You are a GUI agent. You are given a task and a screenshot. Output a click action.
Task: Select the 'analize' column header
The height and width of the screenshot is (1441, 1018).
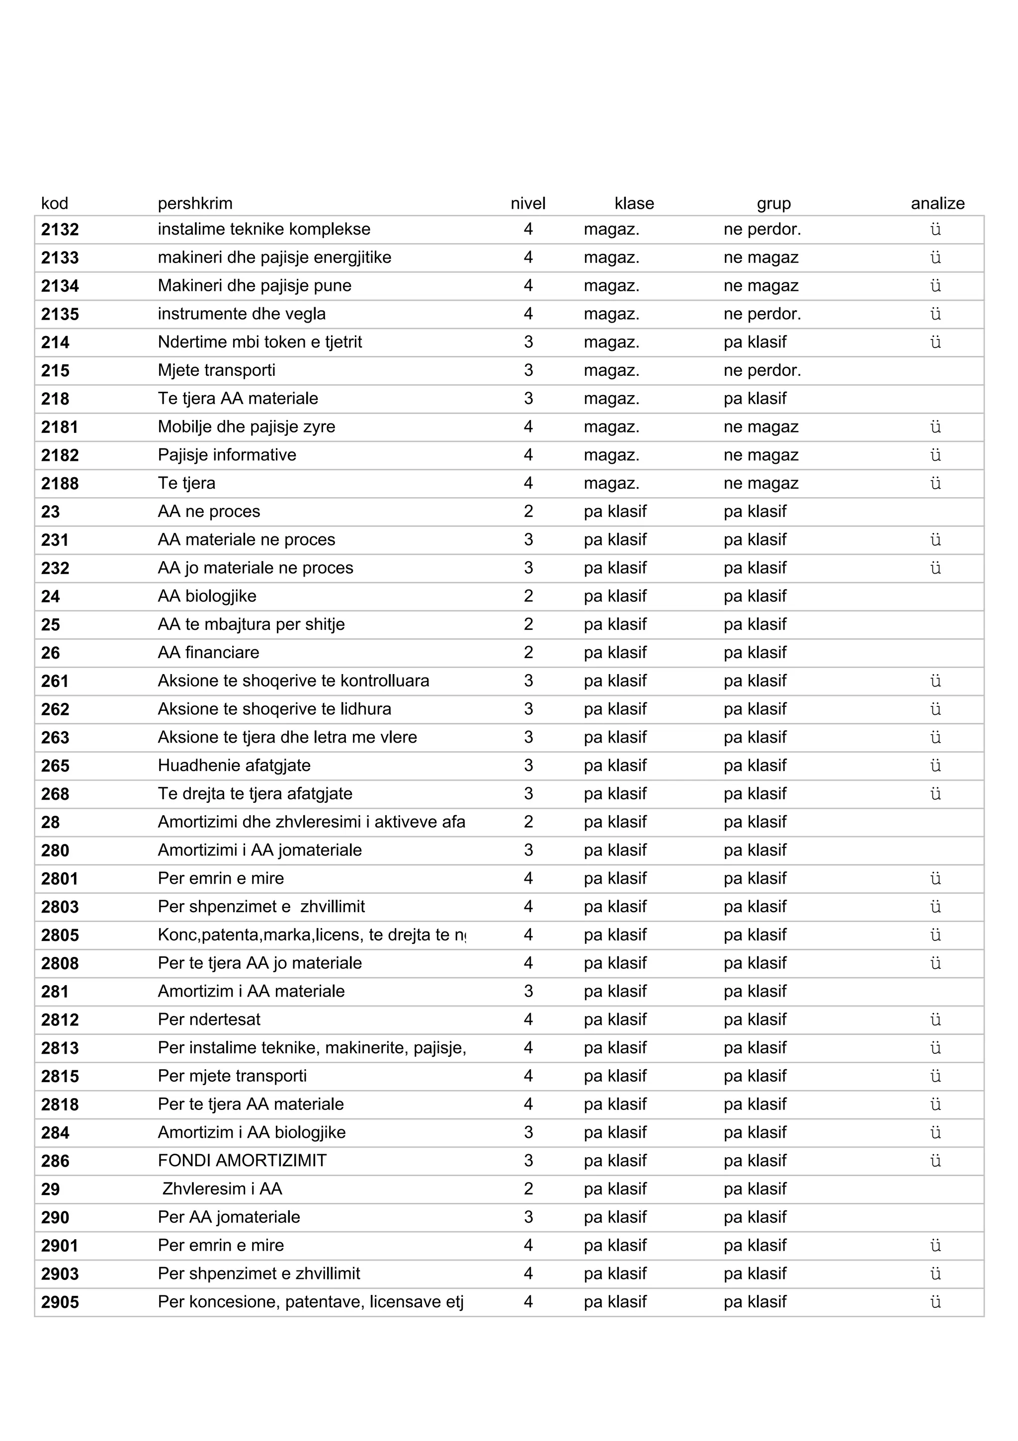(x=937, y=203)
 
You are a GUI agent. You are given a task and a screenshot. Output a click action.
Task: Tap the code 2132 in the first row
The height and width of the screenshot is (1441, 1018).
(x=60, y=230)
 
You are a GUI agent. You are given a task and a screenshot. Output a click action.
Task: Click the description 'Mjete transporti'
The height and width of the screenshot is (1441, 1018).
(x=217, y=370)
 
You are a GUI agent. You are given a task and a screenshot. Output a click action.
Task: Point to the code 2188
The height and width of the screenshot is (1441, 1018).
(x=60, y=484)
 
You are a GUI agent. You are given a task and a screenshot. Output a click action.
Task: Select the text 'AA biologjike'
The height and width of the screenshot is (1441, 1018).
(x=207, y=596)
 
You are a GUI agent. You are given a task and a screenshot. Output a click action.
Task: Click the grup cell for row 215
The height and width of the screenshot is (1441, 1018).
(x=762, y=370)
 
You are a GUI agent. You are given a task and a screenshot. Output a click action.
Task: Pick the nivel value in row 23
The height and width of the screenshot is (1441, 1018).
(x=528, y=511)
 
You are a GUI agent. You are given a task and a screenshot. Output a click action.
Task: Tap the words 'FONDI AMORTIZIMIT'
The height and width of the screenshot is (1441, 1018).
(x=242, y=1161)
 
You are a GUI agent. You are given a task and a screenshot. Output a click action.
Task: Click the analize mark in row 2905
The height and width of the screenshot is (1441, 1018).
(x=935, y=1302)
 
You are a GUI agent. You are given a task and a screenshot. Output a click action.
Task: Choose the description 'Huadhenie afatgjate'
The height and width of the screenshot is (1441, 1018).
(x=234, y=765)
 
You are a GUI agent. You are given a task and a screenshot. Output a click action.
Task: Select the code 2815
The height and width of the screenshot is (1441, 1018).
(x=60, y=1076)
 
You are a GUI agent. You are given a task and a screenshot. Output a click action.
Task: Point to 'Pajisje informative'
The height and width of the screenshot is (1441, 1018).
(x=227, y=455)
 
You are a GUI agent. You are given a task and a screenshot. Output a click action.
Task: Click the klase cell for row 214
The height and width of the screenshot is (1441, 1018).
(x=611, y=342)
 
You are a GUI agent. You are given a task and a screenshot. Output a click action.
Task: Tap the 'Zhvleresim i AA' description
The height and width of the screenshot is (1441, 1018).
(x=222, y=1188)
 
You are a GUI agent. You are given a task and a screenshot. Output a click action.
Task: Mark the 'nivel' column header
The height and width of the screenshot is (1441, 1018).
(x=528, y=203)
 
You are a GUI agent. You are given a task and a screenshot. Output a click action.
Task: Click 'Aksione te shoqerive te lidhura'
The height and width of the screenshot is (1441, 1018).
(x=274, y=709)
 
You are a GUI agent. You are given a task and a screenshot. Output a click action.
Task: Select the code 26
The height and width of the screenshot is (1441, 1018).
(x=50, y=653)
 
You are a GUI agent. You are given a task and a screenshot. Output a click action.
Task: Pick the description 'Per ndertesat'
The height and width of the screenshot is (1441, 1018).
(x=209, y=1019)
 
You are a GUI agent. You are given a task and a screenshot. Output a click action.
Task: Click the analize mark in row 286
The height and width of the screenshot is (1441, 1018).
(x=935, y=1161)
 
